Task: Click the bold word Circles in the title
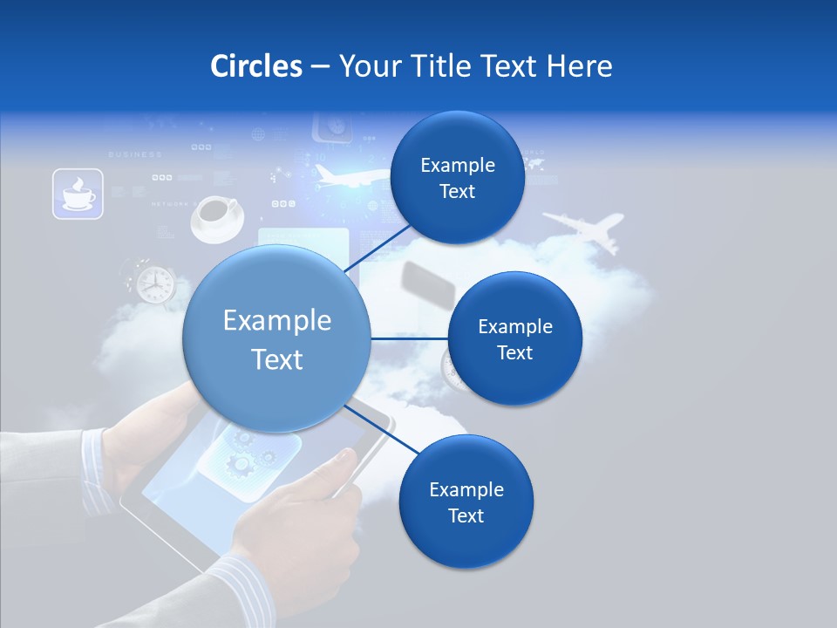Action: click(x=255, y=65)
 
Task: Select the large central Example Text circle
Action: click(x=276, y=339)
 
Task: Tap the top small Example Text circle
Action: click(x=457, y=178)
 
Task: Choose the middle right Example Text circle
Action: click(x=514, y=338)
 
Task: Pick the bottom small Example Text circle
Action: click(x=466, y=502)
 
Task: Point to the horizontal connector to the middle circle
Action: click(x=409, y=338)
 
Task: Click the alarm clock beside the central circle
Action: click(x=153, y=283)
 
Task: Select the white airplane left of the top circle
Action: click(x=345, y=176)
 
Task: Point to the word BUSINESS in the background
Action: click(x=134, y=154)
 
